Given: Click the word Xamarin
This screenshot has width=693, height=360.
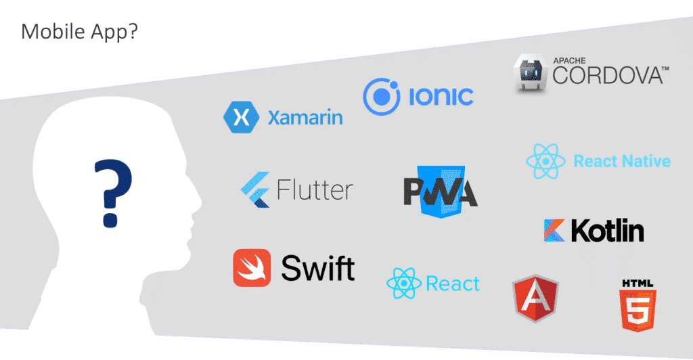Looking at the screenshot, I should point(305,118).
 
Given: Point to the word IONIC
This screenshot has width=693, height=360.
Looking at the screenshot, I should point(441,97).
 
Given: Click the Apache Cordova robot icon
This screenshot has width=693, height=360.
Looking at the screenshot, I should point(531,74).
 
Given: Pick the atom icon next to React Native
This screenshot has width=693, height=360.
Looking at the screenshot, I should point(545,161).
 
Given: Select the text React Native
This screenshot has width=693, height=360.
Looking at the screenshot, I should point(622,161).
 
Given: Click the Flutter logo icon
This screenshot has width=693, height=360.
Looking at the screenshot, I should point(256,189).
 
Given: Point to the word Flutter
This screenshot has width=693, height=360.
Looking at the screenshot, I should point(315,189).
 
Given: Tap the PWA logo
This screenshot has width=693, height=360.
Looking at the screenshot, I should point(441,190).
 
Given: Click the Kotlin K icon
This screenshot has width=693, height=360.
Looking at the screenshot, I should point(554,230).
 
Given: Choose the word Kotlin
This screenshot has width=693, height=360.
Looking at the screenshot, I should point(608,231).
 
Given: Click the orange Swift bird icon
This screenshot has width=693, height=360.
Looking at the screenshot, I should point(252,267).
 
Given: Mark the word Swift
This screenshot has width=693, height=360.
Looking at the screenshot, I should point(317,268).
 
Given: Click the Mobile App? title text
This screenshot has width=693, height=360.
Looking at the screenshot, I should point(79,32).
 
